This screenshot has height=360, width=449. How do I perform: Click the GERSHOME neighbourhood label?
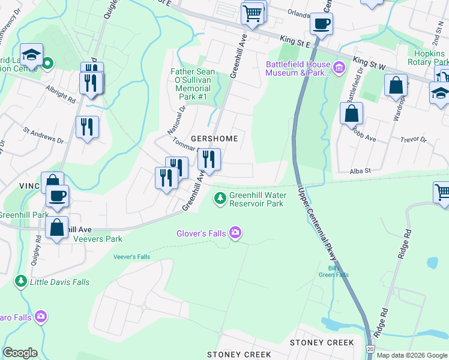coord(214,139)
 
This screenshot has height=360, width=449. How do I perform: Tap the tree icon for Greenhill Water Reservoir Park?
coord(220,197)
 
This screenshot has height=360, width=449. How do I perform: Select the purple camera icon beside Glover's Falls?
coord(235,233)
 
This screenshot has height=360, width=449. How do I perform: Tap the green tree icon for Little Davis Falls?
coord(21,281)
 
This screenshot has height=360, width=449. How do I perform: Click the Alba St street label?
coord(361,171)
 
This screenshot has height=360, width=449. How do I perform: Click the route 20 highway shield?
coord(370,349)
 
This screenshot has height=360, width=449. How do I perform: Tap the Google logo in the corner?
coord(20,353)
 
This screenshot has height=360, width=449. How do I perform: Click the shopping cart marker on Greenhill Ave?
coord(253,12)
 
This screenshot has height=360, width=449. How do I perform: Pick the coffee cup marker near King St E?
coord(321,23)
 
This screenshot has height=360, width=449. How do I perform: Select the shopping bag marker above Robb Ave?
coord(351,113)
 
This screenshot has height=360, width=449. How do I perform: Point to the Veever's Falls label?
coord(131,257)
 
